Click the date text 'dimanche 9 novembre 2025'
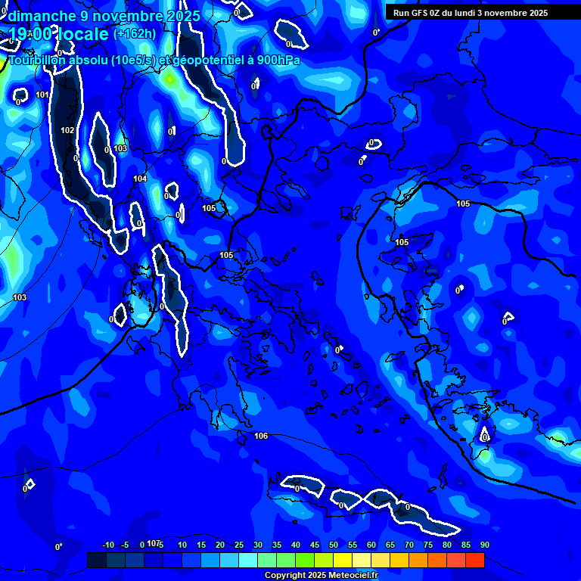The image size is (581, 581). point(104,16)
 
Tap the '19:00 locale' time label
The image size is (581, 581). point(58,34)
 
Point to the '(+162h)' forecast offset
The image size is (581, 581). point(135,33)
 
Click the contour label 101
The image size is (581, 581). point(42,95)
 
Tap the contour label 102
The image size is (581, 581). point(67,130)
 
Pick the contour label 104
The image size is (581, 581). point(140,179)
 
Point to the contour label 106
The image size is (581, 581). point(261,436)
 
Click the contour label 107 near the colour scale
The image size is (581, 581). point(154,543)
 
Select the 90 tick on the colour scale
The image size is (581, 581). point(484,545)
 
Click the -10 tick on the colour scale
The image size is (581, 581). point(108,545)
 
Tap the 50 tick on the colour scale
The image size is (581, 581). point(334,545)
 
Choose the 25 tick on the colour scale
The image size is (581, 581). point(239,545)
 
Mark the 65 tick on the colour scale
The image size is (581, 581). point(390,545)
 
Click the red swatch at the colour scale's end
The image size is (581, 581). point(474,560)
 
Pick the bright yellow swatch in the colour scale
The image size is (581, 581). point(342,560)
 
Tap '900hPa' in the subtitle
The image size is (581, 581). point(277,61)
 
